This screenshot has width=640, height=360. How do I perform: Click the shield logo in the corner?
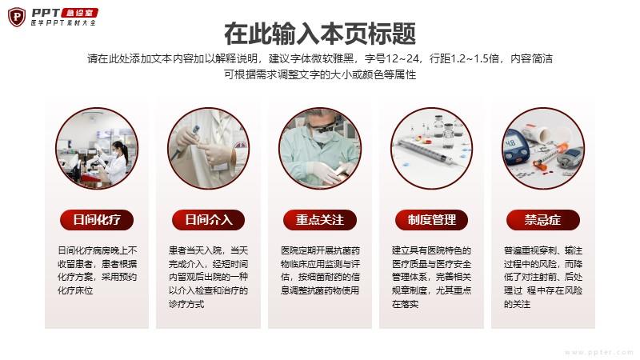(x=17, y=17)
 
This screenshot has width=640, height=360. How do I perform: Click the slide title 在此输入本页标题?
(x=320, y=34)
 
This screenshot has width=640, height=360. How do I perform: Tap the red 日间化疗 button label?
(x=97, y=220)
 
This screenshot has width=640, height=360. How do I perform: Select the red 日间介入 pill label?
(x=209, y=220)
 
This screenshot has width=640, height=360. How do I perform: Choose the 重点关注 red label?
(x=320, y=220)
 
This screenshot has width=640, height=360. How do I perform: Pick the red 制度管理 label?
(x=431, y=220)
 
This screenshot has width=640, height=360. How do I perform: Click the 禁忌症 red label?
(x=543, y=220)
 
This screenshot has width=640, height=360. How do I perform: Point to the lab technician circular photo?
(x=97, y=149)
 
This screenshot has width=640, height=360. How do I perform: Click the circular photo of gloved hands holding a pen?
(x=209, y=149)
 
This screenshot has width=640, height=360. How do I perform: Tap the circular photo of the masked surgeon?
(x=320, y=149)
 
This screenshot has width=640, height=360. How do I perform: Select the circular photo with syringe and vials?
(x=431, y=149)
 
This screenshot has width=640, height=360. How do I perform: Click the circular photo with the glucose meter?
(x=543, y=149)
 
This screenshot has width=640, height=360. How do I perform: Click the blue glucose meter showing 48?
(x=515, y=150)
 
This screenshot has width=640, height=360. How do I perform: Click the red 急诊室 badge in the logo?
(x=80, y=13)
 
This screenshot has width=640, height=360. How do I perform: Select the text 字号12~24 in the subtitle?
(x=392, y=58)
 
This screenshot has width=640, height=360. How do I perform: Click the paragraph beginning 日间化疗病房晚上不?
(x=97, y=270)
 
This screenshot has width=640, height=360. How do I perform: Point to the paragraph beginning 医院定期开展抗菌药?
(x=320, y=270)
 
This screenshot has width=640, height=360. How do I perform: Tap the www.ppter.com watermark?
(x=598, y=352)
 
